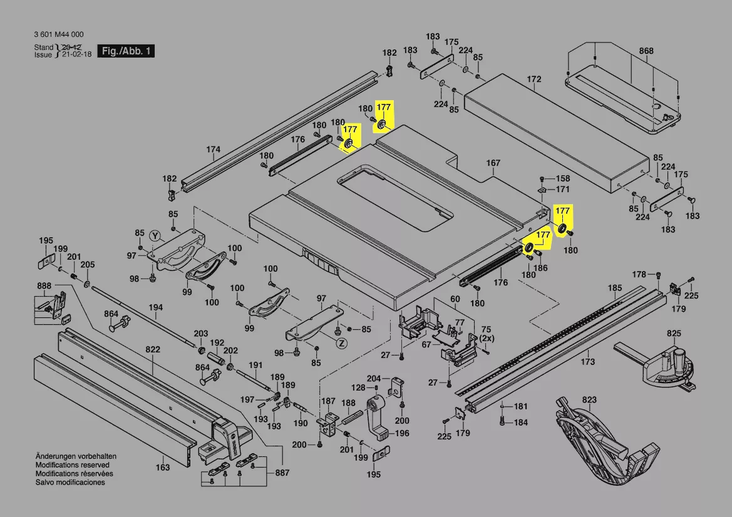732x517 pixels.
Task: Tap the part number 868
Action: coord(646,51)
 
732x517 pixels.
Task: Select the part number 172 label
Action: coord(534,79)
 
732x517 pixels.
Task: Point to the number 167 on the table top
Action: coord(493,163)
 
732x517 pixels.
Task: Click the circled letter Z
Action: coord(341,343)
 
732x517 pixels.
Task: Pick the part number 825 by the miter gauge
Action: coord(674,333)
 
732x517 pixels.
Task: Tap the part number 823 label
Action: coord(589,400)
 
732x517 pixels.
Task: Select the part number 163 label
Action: coord(162,467)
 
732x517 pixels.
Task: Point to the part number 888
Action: coord(44,286)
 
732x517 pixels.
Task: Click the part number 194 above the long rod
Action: coord(156,307)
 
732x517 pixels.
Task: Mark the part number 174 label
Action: coord(214,150)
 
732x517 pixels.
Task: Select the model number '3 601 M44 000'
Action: coord(59,35)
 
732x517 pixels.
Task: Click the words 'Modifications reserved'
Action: coord(72,465)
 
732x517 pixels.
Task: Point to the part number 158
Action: coord(563,178)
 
